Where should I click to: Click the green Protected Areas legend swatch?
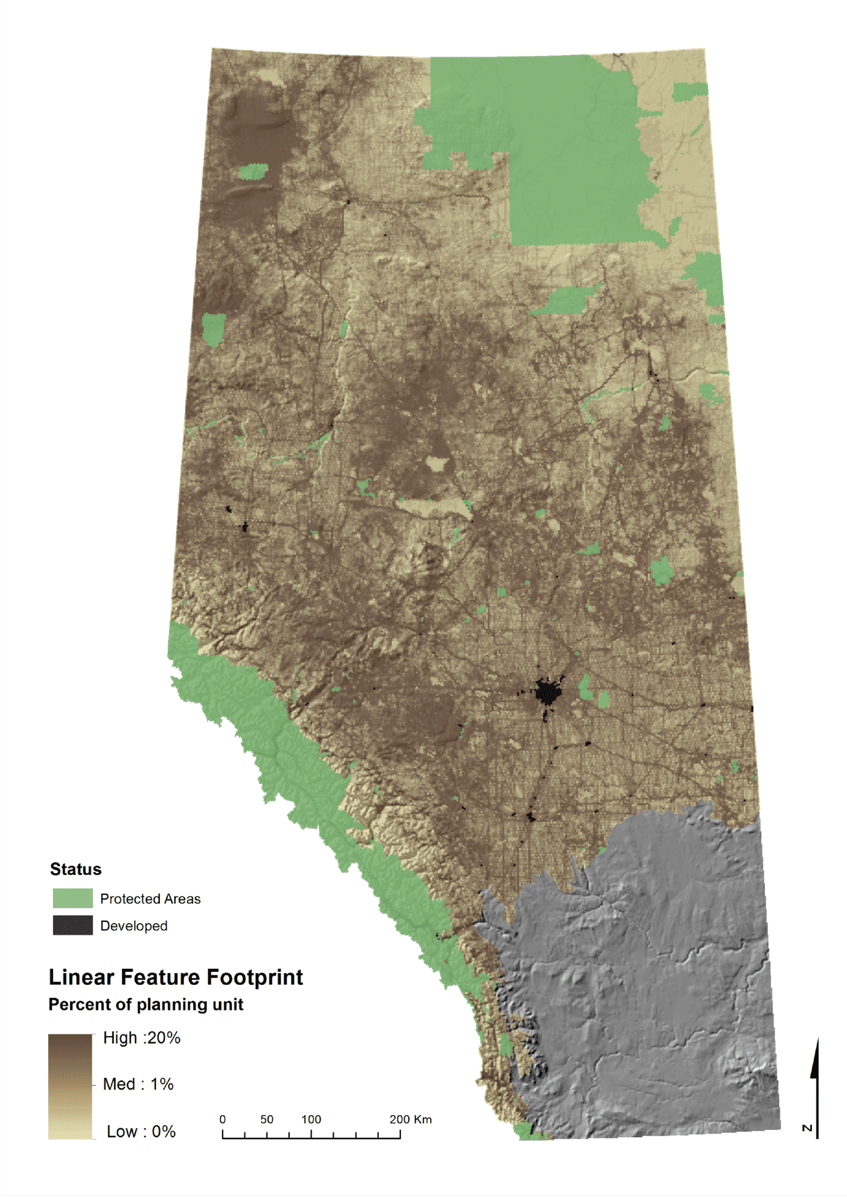[73, 898]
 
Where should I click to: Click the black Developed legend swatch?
[73, 925]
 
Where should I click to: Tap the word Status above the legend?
[76, 869]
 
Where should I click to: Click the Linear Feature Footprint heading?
[175, 977]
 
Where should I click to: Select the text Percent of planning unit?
[146, 1005]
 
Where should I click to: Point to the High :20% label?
[142, 1038]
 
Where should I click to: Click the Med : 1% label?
[138, 1084]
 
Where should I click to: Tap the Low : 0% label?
[141, 1131]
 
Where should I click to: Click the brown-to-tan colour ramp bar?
[70, 1086]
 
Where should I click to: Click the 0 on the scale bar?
[222, 1119]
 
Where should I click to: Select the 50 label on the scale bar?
[266, 1119]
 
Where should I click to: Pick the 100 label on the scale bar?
[311, 1119]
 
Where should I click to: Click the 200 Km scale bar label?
[410, 1119]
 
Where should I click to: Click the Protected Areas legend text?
[150, 899]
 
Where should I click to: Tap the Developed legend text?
[134, 926]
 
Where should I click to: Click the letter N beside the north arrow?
[807, 1128]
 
